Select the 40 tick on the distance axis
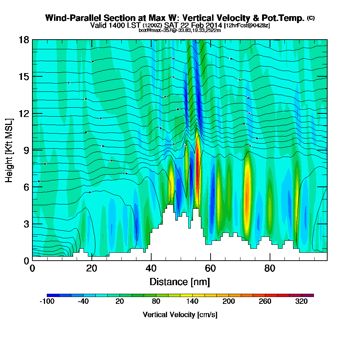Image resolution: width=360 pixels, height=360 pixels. click(x=151, y=269)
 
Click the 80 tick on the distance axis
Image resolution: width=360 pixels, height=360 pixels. click(x=270, y=269)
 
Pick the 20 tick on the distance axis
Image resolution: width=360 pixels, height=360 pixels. click(x=92, y=269)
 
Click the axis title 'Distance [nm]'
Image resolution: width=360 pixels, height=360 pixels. click(x=180, y=282)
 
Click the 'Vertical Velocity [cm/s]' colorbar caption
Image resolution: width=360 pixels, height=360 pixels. click(x=180, y=315)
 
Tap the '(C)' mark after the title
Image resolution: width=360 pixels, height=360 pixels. click(x=311, y=18)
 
